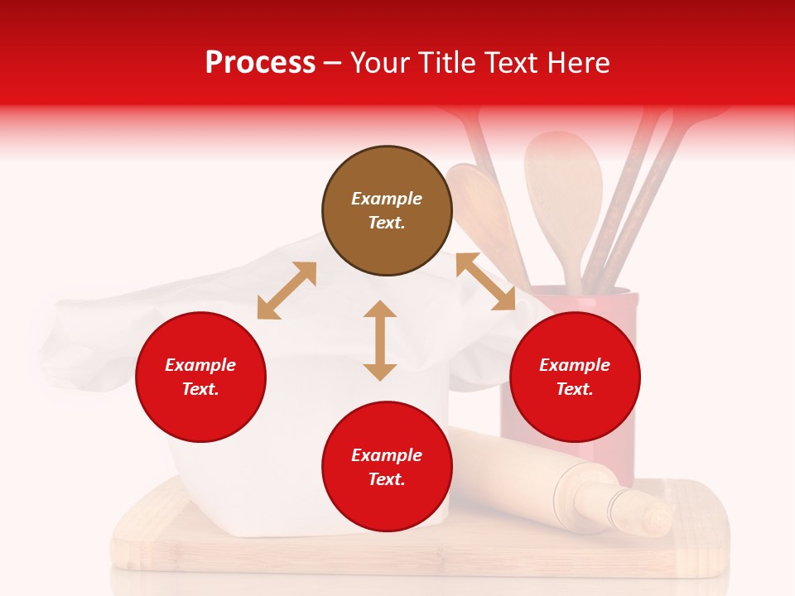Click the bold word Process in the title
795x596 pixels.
click(x=260, y=63)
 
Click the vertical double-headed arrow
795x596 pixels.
click(x=380, y=340)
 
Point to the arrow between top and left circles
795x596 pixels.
click(x=287, y=291)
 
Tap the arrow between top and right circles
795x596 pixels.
click(x=485, y=281)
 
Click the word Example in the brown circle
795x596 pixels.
click(x=387, y=199)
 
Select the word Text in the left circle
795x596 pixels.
click(x=200, y=389)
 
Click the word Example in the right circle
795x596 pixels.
click(x=575, y=365)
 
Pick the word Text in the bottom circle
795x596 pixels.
click(x=386, y=479)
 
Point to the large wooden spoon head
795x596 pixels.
click(x=563, y=178)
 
